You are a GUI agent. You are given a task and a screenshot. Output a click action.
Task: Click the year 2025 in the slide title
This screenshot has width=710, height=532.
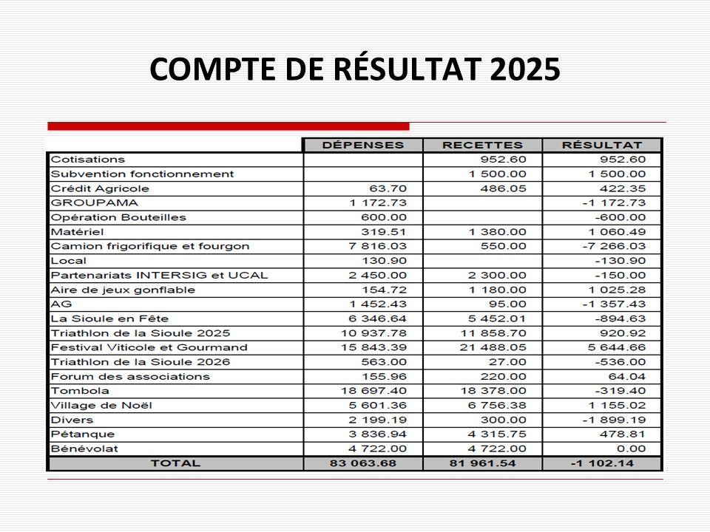click(524, 69)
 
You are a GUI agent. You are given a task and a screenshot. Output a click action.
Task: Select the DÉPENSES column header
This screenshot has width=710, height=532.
click(362, 145)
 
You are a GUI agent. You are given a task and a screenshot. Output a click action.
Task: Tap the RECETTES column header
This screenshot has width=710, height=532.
click(482, 145)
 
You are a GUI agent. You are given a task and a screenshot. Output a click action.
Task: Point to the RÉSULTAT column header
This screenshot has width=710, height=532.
click(602, 145)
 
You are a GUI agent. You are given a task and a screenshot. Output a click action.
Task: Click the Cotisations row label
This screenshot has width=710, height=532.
click(88, 160)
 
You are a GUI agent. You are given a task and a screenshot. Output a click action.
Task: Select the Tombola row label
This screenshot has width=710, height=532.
click(80, 391)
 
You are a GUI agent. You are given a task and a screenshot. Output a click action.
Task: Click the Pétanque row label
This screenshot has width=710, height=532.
click(83, 434)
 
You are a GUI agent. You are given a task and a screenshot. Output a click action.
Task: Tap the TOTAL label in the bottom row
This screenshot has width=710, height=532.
click(175, 463)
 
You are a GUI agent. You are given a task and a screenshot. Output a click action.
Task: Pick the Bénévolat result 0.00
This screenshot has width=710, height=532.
click(634, 449)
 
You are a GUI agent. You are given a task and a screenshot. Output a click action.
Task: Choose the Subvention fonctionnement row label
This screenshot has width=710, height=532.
click(142, 174)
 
